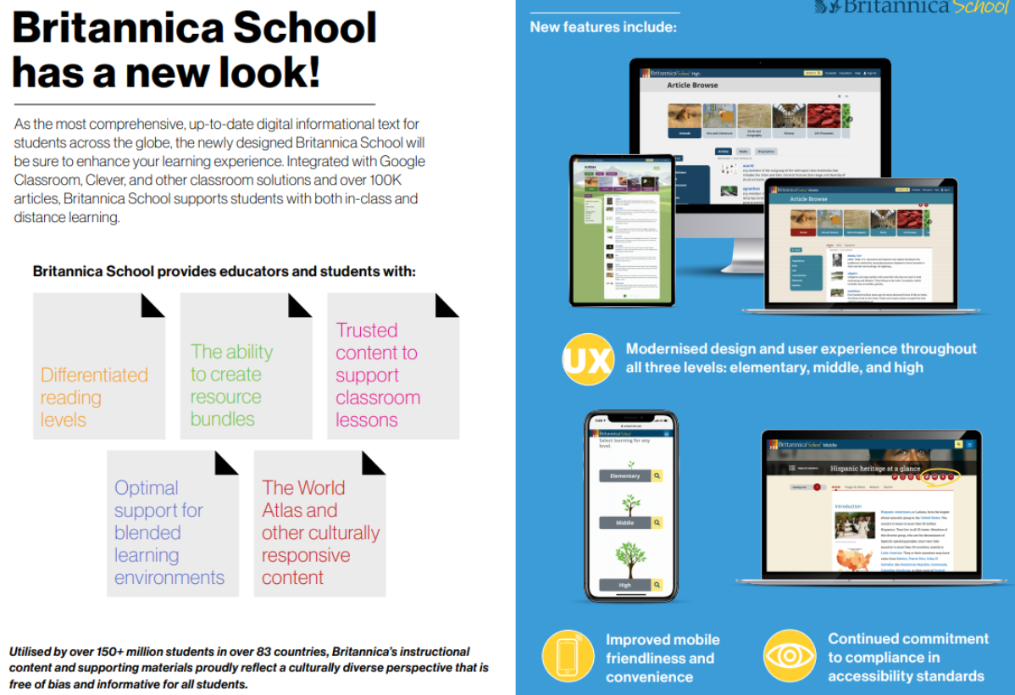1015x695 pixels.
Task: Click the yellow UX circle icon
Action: pyautogui.click(x=587, y=360)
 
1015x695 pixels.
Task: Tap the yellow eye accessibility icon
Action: pyautogui.click(x=790, y=656)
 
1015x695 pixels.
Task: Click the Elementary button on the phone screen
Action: pyautogui.click(x=625, y=476)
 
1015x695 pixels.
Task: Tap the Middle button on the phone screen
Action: pyautogui.click(x=625, y=523)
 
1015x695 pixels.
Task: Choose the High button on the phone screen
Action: pyautogui.click(x=625, y=585)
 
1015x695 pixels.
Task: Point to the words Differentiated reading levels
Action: pyautogui.click(x=93, y=397)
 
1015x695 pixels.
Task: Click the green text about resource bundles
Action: pyautogui.click(x=231, y=385)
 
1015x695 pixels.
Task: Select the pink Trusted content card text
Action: pyautogui.click(x=377, y=375)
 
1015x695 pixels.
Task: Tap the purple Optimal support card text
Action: pyautogui.click(x=169, y=532)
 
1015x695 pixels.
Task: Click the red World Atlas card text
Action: pyautogui.click(x=319, y=532)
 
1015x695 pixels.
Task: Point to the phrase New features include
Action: pyautogui.click(x=603, y=27)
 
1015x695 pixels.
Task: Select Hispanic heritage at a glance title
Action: pyautogui.click(x=875, y=468)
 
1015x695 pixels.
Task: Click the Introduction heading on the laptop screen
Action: pyautogui.click(x=847, y=506)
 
